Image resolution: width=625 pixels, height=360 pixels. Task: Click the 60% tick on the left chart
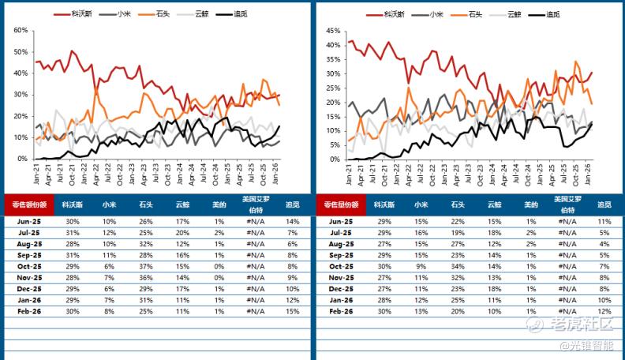coord(21,30)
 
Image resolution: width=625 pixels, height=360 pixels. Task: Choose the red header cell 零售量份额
coord(339,204)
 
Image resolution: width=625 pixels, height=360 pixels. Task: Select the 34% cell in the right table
coord(458,267)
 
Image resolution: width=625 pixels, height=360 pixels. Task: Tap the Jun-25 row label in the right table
coord(339,223)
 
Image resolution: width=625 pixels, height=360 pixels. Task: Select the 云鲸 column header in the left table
coord(183,204)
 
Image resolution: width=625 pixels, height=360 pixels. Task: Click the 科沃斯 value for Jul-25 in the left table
coord(73,234)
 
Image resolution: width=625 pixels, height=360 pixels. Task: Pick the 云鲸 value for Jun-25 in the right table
coord(496,223)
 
